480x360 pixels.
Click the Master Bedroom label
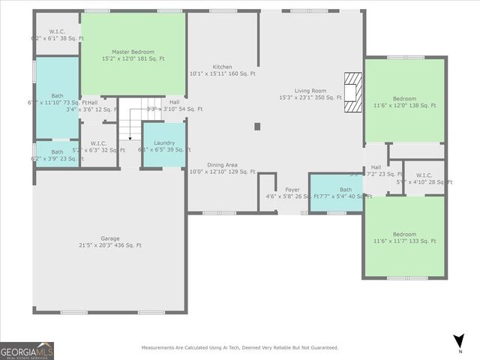pyautogui.click(x=133, y=55)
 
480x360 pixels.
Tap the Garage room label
pyautogui.click(x=110, y=241)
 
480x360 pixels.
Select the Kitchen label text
pyautogui.click(x=222, y=70)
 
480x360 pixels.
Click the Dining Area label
pyautogui.click(x=222, y=168)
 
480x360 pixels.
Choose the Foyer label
pyautogui.click(x=292, y=193)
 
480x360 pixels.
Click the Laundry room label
pyautogui.click(x=164, y=146)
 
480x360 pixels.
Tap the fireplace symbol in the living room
pyautogui.click(x=352, y=92)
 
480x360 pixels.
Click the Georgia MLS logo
pyautogui.click(x=27, y=350)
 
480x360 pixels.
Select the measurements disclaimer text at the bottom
pyautogui.click(x=240, y=347)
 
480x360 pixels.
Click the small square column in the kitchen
pyautogui.click(x=257, y=127)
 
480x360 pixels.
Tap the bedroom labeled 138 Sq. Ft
pyautogui.click(x=405, y=102)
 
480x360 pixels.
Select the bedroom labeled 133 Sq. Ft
pyautogui.click(x=405, y=237)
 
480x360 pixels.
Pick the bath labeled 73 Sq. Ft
pyautogui.click(x=57, y=98)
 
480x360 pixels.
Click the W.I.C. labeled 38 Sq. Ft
pyautogui.click(x=57, y=34)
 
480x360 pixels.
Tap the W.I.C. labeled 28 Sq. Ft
pyautogui.click(x=424, y=178)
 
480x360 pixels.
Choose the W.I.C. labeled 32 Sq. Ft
pyautogui.click(x=98, y=146)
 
